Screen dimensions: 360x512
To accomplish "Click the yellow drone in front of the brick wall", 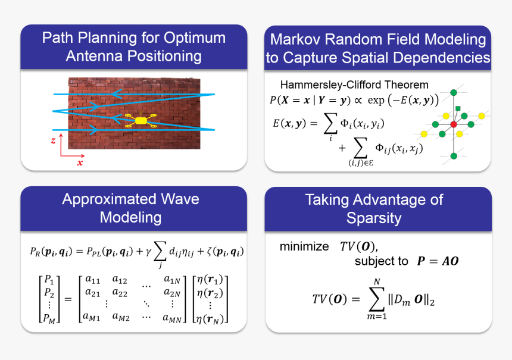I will tap(141, 121).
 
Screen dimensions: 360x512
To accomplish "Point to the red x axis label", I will tap(80, 162).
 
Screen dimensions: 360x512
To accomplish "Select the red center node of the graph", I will tap(454, 124).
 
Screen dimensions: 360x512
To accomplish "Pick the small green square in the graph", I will tap(458, 108).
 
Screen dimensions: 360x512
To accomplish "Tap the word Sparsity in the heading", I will tap(374, 217).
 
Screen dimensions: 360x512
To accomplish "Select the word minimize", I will tap(304, 246).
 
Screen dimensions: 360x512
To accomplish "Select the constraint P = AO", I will tap(438, 261).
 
